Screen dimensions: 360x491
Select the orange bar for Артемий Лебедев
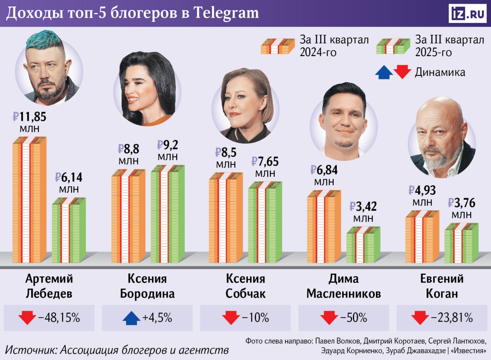tap(30, 199)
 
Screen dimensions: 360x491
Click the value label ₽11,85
tap(30, 116)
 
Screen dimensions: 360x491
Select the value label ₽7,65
tap(265, 161)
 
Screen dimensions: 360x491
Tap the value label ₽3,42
tap(363, 207)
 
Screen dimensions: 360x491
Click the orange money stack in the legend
tap(278, 46)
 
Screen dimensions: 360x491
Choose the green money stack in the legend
tap(393, 46)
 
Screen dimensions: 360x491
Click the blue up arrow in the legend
tap(384, 72)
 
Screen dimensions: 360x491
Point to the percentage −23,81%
tap(452, 318)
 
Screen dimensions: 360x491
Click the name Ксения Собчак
tap(245, 286)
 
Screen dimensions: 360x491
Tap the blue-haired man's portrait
tap(49, 69)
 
